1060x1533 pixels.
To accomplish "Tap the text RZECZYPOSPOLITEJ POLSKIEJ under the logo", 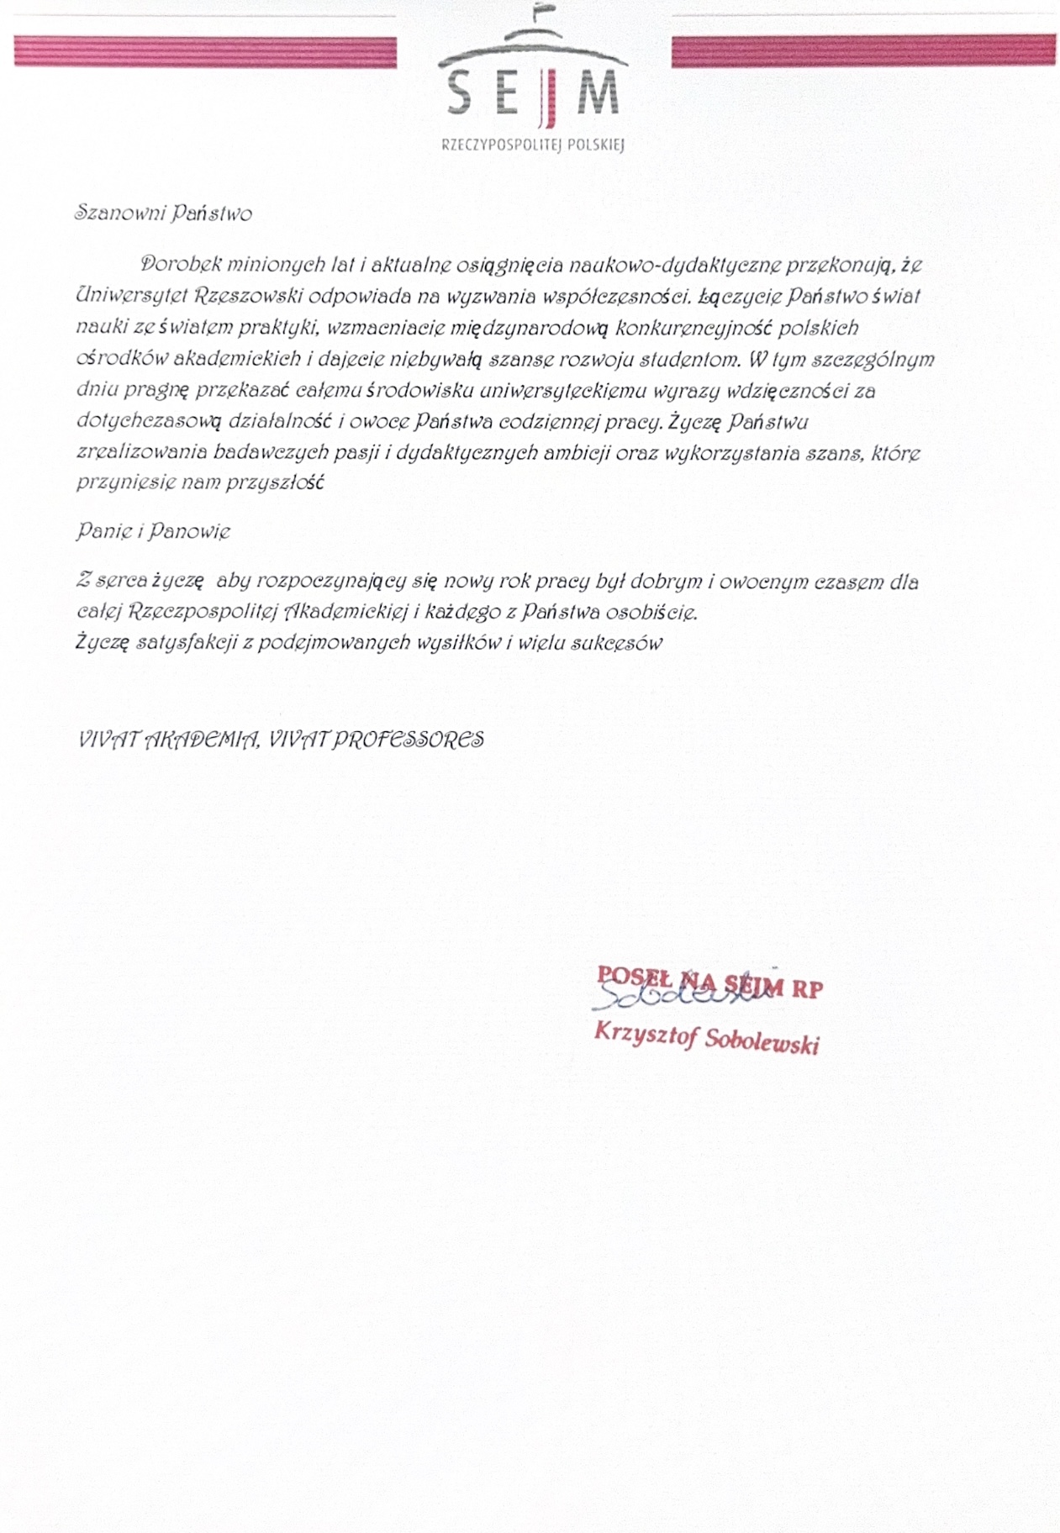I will pos(533,145).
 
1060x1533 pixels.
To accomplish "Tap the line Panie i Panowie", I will pos(152,531).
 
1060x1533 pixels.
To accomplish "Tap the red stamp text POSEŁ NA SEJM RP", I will pos(709,981).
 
